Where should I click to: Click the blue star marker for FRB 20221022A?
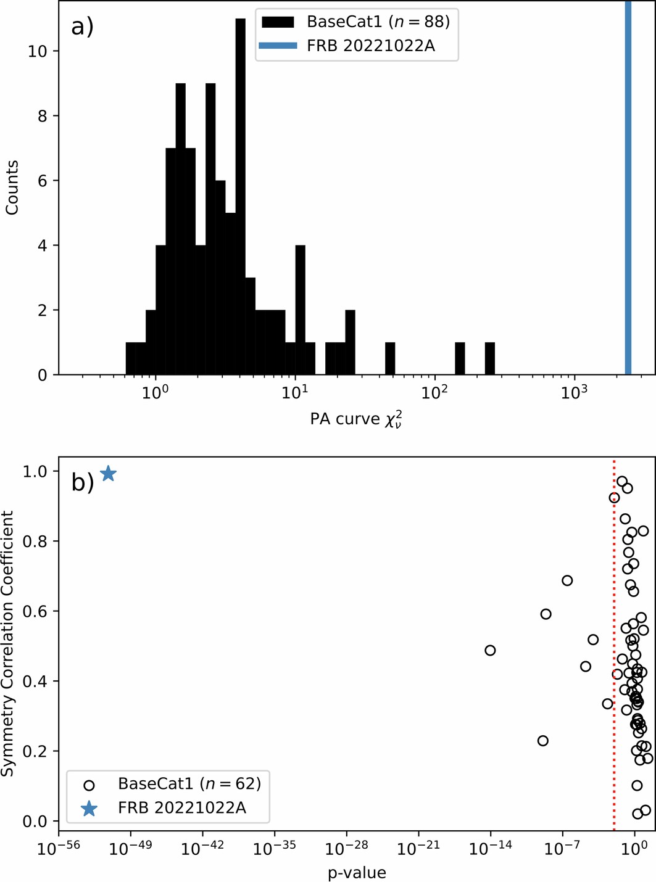108,474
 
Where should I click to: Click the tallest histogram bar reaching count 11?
240,197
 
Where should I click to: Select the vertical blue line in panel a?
628,185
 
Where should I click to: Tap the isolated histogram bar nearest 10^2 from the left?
390,358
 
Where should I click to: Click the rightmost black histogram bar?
489,358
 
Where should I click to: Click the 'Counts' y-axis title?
12,188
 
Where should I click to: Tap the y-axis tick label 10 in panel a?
38,51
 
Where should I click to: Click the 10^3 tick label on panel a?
573,393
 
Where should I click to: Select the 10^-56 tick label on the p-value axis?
58,849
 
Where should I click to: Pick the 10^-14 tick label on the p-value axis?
490,849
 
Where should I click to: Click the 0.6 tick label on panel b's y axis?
39,611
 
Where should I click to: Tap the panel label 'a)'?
83,27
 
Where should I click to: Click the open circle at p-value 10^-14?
490,650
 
